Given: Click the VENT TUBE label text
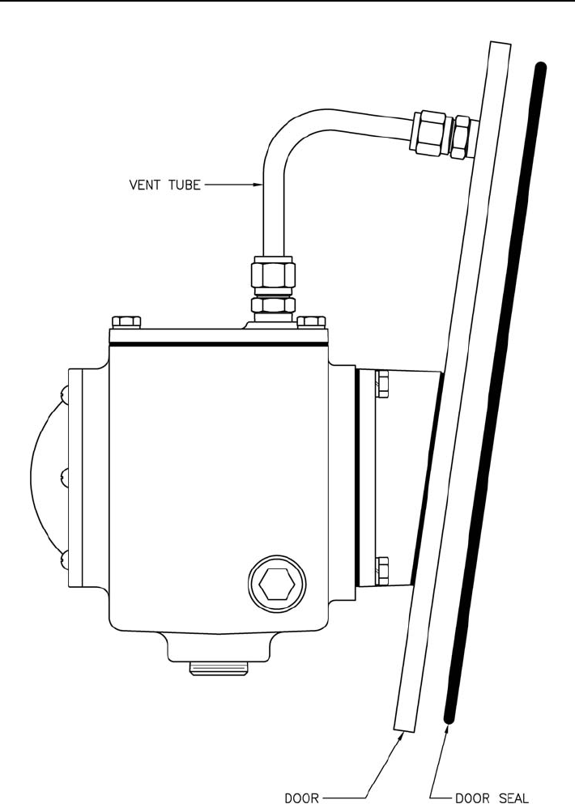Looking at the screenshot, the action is pos(164,185).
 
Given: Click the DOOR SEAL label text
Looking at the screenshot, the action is pos(492,798).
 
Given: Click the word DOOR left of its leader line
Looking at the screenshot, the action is pos(301,798).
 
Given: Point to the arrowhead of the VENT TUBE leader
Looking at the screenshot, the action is pos(258,185).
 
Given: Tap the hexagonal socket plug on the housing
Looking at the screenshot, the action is pos(277,584).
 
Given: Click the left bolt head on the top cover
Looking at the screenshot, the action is pos(126,322).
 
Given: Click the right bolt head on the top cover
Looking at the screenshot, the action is pos(311,322).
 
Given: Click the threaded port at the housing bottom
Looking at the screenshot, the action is pos(219,668).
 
